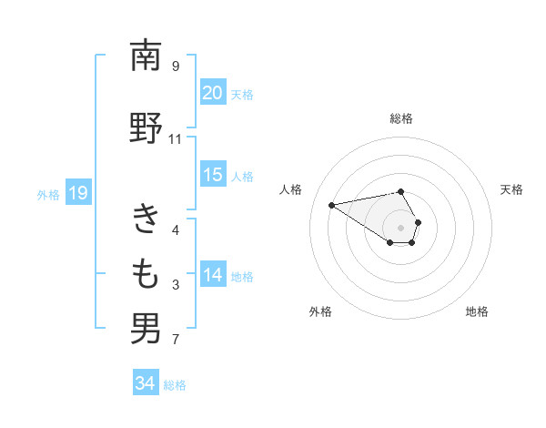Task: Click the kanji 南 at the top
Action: [146, 56]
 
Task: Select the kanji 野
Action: [146, 128]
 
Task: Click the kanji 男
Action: [146, 329]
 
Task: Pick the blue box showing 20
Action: [212, 93]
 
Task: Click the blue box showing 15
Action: [212, 175]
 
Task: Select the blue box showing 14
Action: [212, 275]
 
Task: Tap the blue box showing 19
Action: [77, 192]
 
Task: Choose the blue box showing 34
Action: [145, 383]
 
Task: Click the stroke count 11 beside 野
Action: [175, 139]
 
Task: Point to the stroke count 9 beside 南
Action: [175, 66]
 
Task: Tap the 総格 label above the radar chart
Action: [401, 118]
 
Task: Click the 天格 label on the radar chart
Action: [512, 189]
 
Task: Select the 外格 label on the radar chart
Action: [320, 311]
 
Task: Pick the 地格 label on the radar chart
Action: [477, 311]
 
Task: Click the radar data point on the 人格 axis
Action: [331, 204]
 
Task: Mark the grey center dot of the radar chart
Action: [401, 228]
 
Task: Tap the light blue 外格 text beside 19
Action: [48, 193]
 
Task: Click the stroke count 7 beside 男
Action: [175, 340]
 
